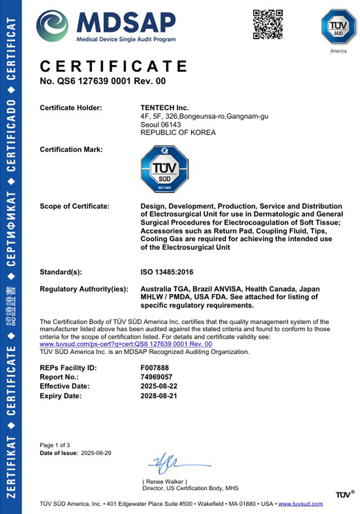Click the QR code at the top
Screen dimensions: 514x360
click(x=267, y=24)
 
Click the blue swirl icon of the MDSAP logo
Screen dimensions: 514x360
click(x=52, y=26)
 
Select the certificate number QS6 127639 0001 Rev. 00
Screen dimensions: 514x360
click(x=103, y=81)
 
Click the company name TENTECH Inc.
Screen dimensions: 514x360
click(x=165, y=108)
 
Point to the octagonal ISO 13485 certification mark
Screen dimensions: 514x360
click(x=164, y=168)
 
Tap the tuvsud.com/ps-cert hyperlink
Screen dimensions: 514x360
click(x=126, y=344)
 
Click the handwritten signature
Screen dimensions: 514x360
click(x=170, y=463)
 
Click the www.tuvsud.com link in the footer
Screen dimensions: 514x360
click(x=300, y=504)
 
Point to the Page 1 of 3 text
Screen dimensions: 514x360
click(x=55, y=445)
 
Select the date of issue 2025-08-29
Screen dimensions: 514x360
click(x=97, y=453)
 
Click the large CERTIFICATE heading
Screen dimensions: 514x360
click(x=114, y=66)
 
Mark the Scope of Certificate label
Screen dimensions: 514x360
click(x=74, y=206)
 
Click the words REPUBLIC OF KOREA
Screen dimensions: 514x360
click(x=178, y=133)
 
